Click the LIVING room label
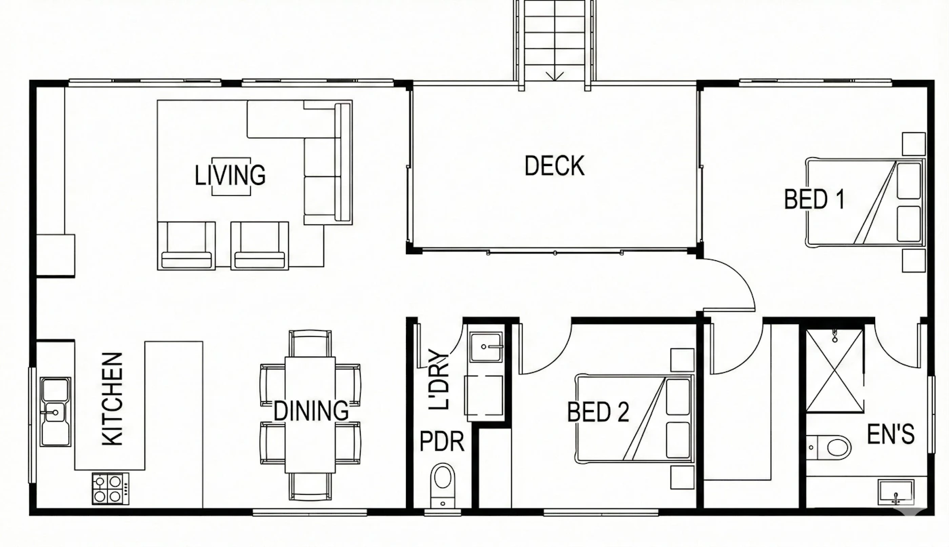click(x=230, y=175)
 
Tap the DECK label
click(x=554, y=165)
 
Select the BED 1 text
click(x=814, y=199)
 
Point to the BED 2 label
click(x=598, y=412)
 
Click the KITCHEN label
click(x=113, y=399)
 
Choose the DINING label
click(x=311, y=411)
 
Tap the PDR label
click(x=442, y=441)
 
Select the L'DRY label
click(x=439, y=380)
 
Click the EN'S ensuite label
click(x=891, y=434)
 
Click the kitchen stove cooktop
click(x=110, y=489)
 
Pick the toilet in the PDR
click(x=442, y=485)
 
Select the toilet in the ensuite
click(x=828, y=447)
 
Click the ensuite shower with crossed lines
click(x=834, y=371)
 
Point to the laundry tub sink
click(x=487, y=347)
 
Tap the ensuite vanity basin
click(x=895, y=492)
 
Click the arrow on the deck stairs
click(x=554, y=76)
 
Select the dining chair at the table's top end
click(x=310, y=344)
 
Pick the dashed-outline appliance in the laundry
click(x=484, y=395)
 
